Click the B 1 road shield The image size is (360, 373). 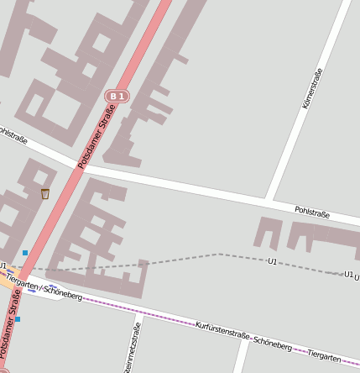[x=117, y=97]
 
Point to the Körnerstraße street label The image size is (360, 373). [x=311, y=88]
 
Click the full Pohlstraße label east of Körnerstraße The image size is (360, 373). [x=312, y=213]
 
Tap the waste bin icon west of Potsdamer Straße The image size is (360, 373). [x=45, y=194]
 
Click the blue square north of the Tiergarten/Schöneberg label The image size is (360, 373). [x=25, y=252]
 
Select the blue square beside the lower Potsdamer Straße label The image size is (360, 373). [x=18, y=319]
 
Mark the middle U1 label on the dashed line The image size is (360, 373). [x=272, y=261]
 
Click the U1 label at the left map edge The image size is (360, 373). [x=3, y=266]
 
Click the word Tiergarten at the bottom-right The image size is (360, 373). [x=324, y=356]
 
